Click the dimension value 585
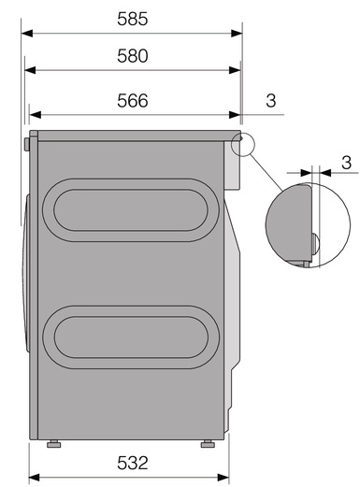pos(133,19)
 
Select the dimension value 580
pos(133,56)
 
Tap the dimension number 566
pos(133,101)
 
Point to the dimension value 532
pos(133,463)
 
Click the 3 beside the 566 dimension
pos(271,101)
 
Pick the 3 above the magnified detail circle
pos(346,163)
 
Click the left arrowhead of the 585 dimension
pos(27,33)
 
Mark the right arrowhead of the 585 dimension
pos(237,33)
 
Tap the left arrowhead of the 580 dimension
pos(30,70)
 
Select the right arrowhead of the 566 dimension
pos(235,115)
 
